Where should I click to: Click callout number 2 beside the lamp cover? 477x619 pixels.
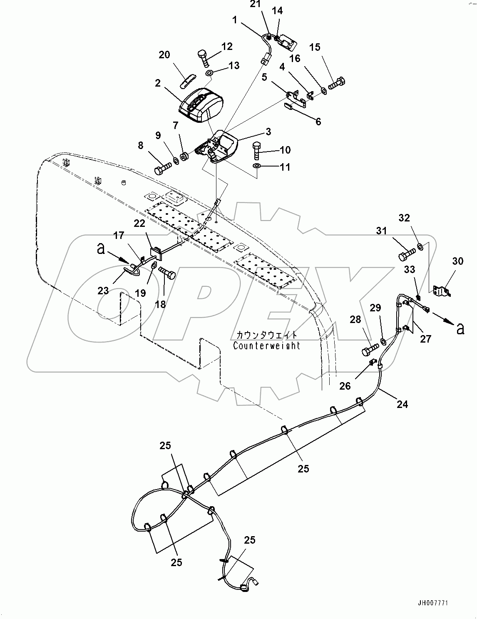pyautogui.click(x=157, y=83)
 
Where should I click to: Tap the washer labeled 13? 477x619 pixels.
pyautogui.click(x=209, y=74)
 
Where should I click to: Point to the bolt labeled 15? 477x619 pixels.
pyautogui.click(x=335, y=83)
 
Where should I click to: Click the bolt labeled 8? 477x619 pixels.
pyautogui.click(x=162, y=169)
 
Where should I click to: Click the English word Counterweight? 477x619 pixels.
pyautogui.click(x=266, y=346)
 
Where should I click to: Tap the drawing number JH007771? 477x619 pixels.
pyautogui.click(x=434, y=602)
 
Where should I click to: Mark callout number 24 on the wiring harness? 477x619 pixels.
pyautogui.click(x=402, y=403)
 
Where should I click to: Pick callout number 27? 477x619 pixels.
pyautogui.click(x=425, y=338)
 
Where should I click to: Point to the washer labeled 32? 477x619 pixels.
pyautogui.click(x=420, y=247)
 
